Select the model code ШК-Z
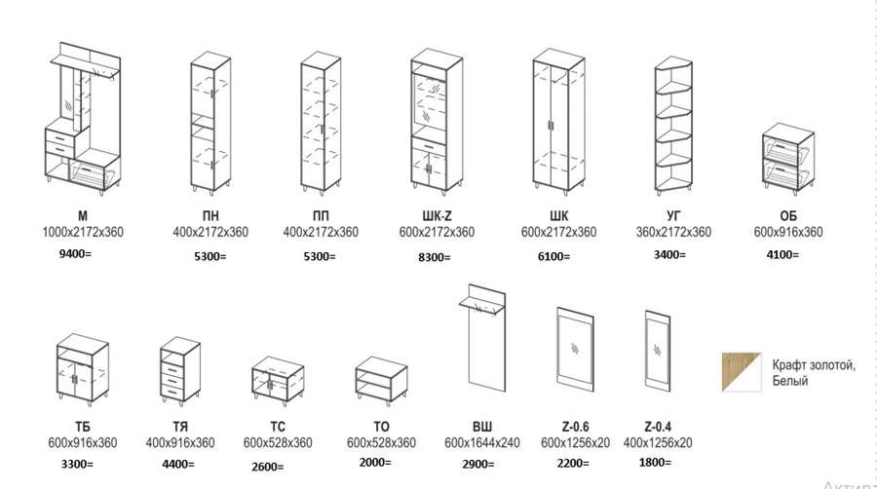coord(437,215)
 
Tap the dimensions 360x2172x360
coord(673,233)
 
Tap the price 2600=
coord(267,466)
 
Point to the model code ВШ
coord(482,426)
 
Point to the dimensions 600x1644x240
coord(482,442)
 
